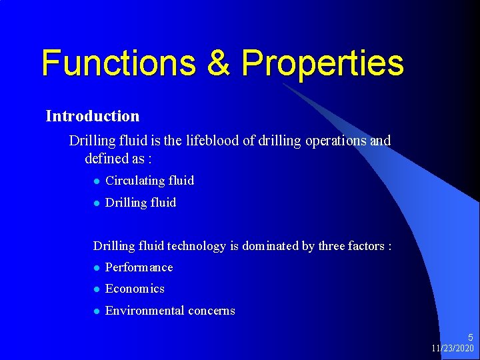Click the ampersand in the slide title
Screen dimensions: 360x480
tap(217, 63)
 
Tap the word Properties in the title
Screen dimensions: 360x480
tap(323, 64)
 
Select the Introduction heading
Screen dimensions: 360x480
tap(93, 116)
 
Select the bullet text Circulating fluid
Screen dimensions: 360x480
tap(150, 181)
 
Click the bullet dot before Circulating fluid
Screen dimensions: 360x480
tap(97, 181)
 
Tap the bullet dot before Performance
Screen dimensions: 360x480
tap(97, 268)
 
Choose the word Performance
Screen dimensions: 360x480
tap(139, 267)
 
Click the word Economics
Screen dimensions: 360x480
tap(135, 289)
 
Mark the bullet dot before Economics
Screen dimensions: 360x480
tap(97, 289)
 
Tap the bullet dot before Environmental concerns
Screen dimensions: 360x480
tap(97, 311)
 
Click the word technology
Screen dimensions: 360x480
tap(197, 247)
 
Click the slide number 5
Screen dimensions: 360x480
tap(470, 338)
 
